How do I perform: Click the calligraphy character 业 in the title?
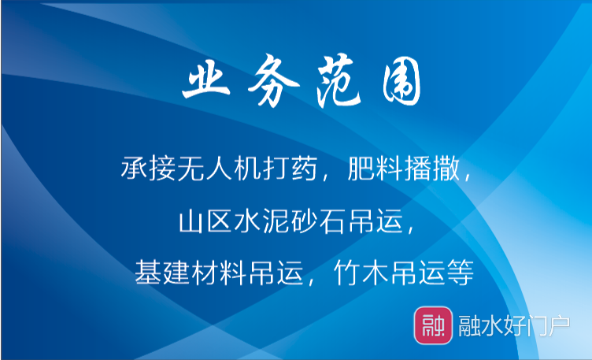click(206, 80)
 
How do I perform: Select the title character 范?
click(339, 80)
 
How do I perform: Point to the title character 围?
click(401, 83)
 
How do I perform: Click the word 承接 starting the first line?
click(149, 168)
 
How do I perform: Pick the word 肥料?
click(376, 168)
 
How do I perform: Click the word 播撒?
click(432, 168)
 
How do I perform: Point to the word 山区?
click(205, 221)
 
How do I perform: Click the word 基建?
click(162, 272)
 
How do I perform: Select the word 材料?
click(220, 272)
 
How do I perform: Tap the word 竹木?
click(361, 272)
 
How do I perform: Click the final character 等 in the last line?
click(461, 272)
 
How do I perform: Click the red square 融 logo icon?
click(433, 325)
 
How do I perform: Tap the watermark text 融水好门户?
click(514, 325)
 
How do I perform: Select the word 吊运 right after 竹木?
click(418, 272)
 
